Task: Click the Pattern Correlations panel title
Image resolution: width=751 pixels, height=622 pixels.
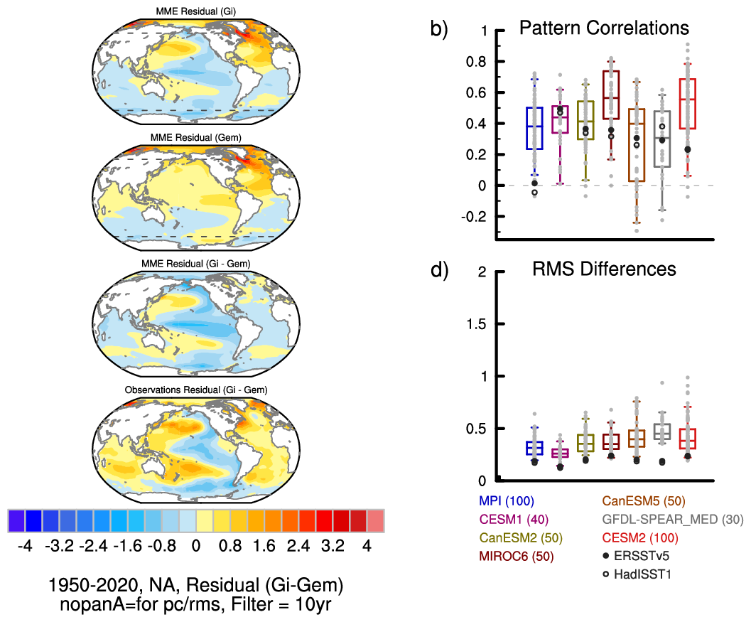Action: [604, 28]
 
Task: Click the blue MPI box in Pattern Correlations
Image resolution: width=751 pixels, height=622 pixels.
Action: [534, 128]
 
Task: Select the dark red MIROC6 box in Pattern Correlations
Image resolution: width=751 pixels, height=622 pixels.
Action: [610, 95]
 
